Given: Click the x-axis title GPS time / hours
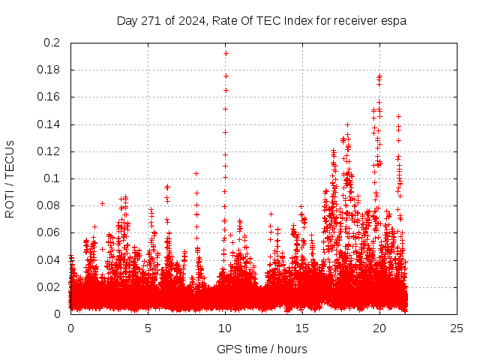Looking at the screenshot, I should click(262, 349).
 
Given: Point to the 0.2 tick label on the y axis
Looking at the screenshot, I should click(52, 43).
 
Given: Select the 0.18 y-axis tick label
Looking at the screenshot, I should click(49, 70).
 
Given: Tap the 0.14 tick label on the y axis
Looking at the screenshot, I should click(49, 124).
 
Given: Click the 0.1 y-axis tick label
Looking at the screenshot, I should click(52, 178).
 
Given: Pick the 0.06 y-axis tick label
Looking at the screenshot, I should click(49, 232).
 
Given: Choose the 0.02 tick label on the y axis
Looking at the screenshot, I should click(49, 286).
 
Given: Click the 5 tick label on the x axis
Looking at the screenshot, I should click(148, 328).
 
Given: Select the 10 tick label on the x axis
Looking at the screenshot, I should click(225, 328).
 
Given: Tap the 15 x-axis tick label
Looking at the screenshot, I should click(302, 328).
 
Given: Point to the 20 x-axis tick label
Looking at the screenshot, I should click(379, 328).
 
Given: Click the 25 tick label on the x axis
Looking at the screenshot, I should click(457, 328).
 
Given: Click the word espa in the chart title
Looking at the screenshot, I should click(394, 21).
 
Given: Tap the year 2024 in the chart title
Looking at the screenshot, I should click(193, 21).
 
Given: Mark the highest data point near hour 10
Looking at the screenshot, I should click(225, 53).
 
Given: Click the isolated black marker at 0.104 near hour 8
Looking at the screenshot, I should click(196, 173).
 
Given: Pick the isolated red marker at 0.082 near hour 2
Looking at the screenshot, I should click(102, 203).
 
